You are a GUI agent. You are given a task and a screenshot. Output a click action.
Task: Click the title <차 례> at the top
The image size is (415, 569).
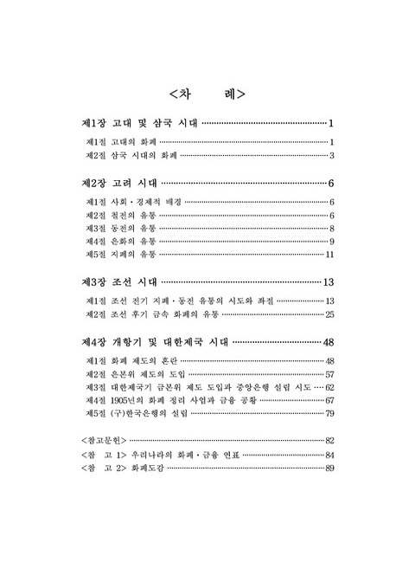[x=207, y=93]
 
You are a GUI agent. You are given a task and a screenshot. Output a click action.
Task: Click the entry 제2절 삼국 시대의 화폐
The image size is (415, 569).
[x=131, y=156]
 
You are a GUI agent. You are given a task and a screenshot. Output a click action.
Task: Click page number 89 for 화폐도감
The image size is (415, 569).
[x=329, y=469]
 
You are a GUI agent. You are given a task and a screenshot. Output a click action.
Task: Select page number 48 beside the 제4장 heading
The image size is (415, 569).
[x=328, y=342]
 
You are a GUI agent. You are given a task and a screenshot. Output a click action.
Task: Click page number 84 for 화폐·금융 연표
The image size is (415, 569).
[x=329, y=455]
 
